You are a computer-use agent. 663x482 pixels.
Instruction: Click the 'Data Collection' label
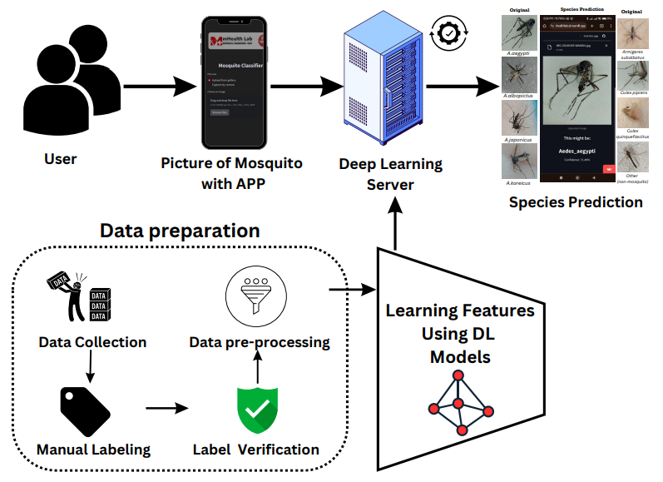tap(92, 342)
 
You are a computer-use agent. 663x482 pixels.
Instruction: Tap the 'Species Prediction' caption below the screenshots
tap(576, 202)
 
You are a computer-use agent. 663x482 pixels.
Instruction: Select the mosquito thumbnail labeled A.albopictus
tap(519, 77)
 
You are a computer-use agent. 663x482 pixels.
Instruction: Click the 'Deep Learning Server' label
tap(390, 173)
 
